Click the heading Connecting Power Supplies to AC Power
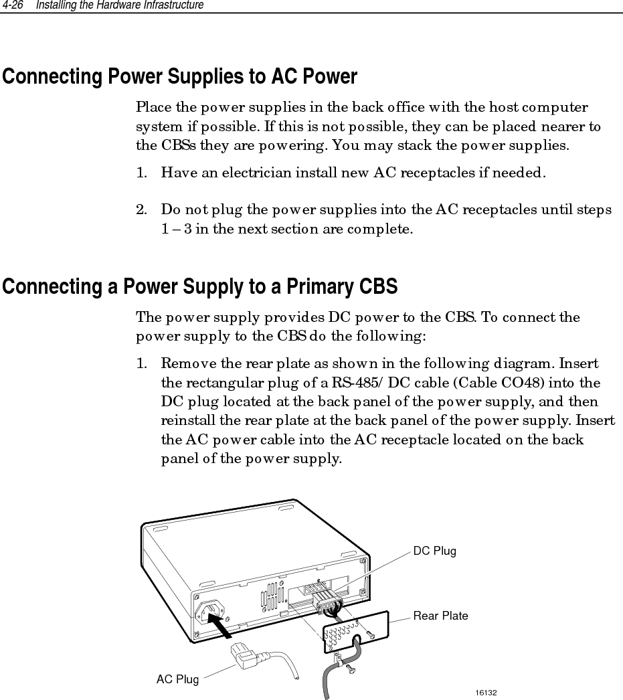[180, 77]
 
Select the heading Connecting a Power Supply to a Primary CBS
[200, 287]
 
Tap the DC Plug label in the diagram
[434, 551]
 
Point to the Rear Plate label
[440, 616]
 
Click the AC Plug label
[177, 679]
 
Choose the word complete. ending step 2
[385, 230]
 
